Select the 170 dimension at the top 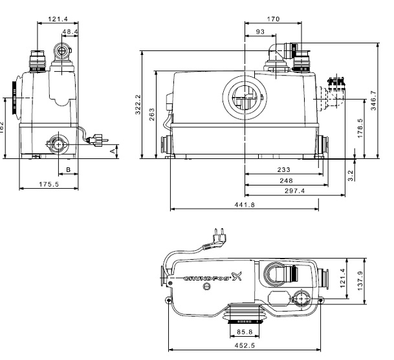(274, 19)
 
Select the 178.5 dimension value (360, 127)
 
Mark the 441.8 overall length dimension (245, 205)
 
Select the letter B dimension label (69, 169)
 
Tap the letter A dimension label (115, 150)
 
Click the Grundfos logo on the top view (213, 280)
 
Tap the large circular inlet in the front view (244, 100)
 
